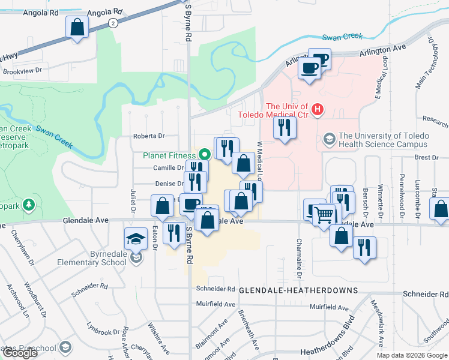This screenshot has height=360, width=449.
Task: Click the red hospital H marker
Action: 318,110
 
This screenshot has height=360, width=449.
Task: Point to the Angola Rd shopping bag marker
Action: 77,27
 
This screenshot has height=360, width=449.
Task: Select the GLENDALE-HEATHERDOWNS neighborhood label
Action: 298,290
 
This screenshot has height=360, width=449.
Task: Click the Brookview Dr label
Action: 25,70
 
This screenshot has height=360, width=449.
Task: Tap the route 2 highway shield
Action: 112,23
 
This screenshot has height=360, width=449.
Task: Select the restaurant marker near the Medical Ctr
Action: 284,128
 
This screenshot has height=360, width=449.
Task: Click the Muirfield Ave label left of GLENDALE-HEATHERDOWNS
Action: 214,305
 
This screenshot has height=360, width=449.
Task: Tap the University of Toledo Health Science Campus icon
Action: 329,139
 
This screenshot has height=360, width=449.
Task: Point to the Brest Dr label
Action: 426,157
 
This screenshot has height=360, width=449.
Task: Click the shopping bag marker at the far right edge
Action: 441,210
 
